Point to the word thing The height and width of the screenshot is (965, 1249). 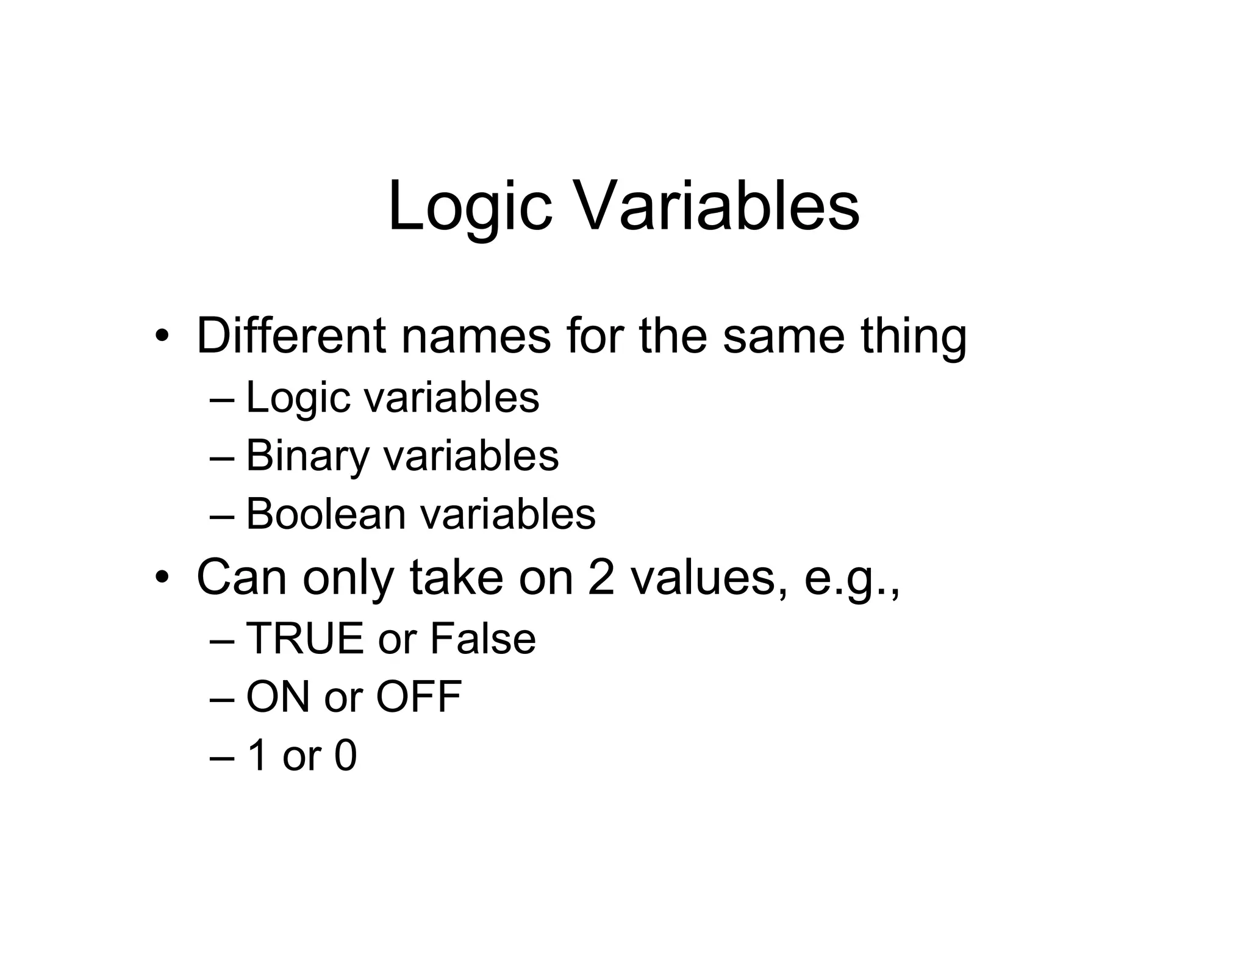[914, 337]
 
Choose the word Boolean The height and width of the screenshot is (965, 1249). [326, 514]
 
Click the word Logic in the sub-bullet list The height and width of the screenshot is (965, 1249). [298, 398]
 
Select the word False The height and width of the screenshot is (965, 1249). [482, 639]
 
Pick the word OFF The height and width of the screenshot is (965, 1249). [418, 697]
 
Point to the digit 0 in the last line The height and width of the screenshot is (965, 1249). [345, 755]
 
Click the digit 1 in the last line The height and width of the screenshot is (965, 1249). [257, 755]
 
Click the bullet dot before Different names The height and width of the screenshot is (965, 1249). [161, 336]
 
